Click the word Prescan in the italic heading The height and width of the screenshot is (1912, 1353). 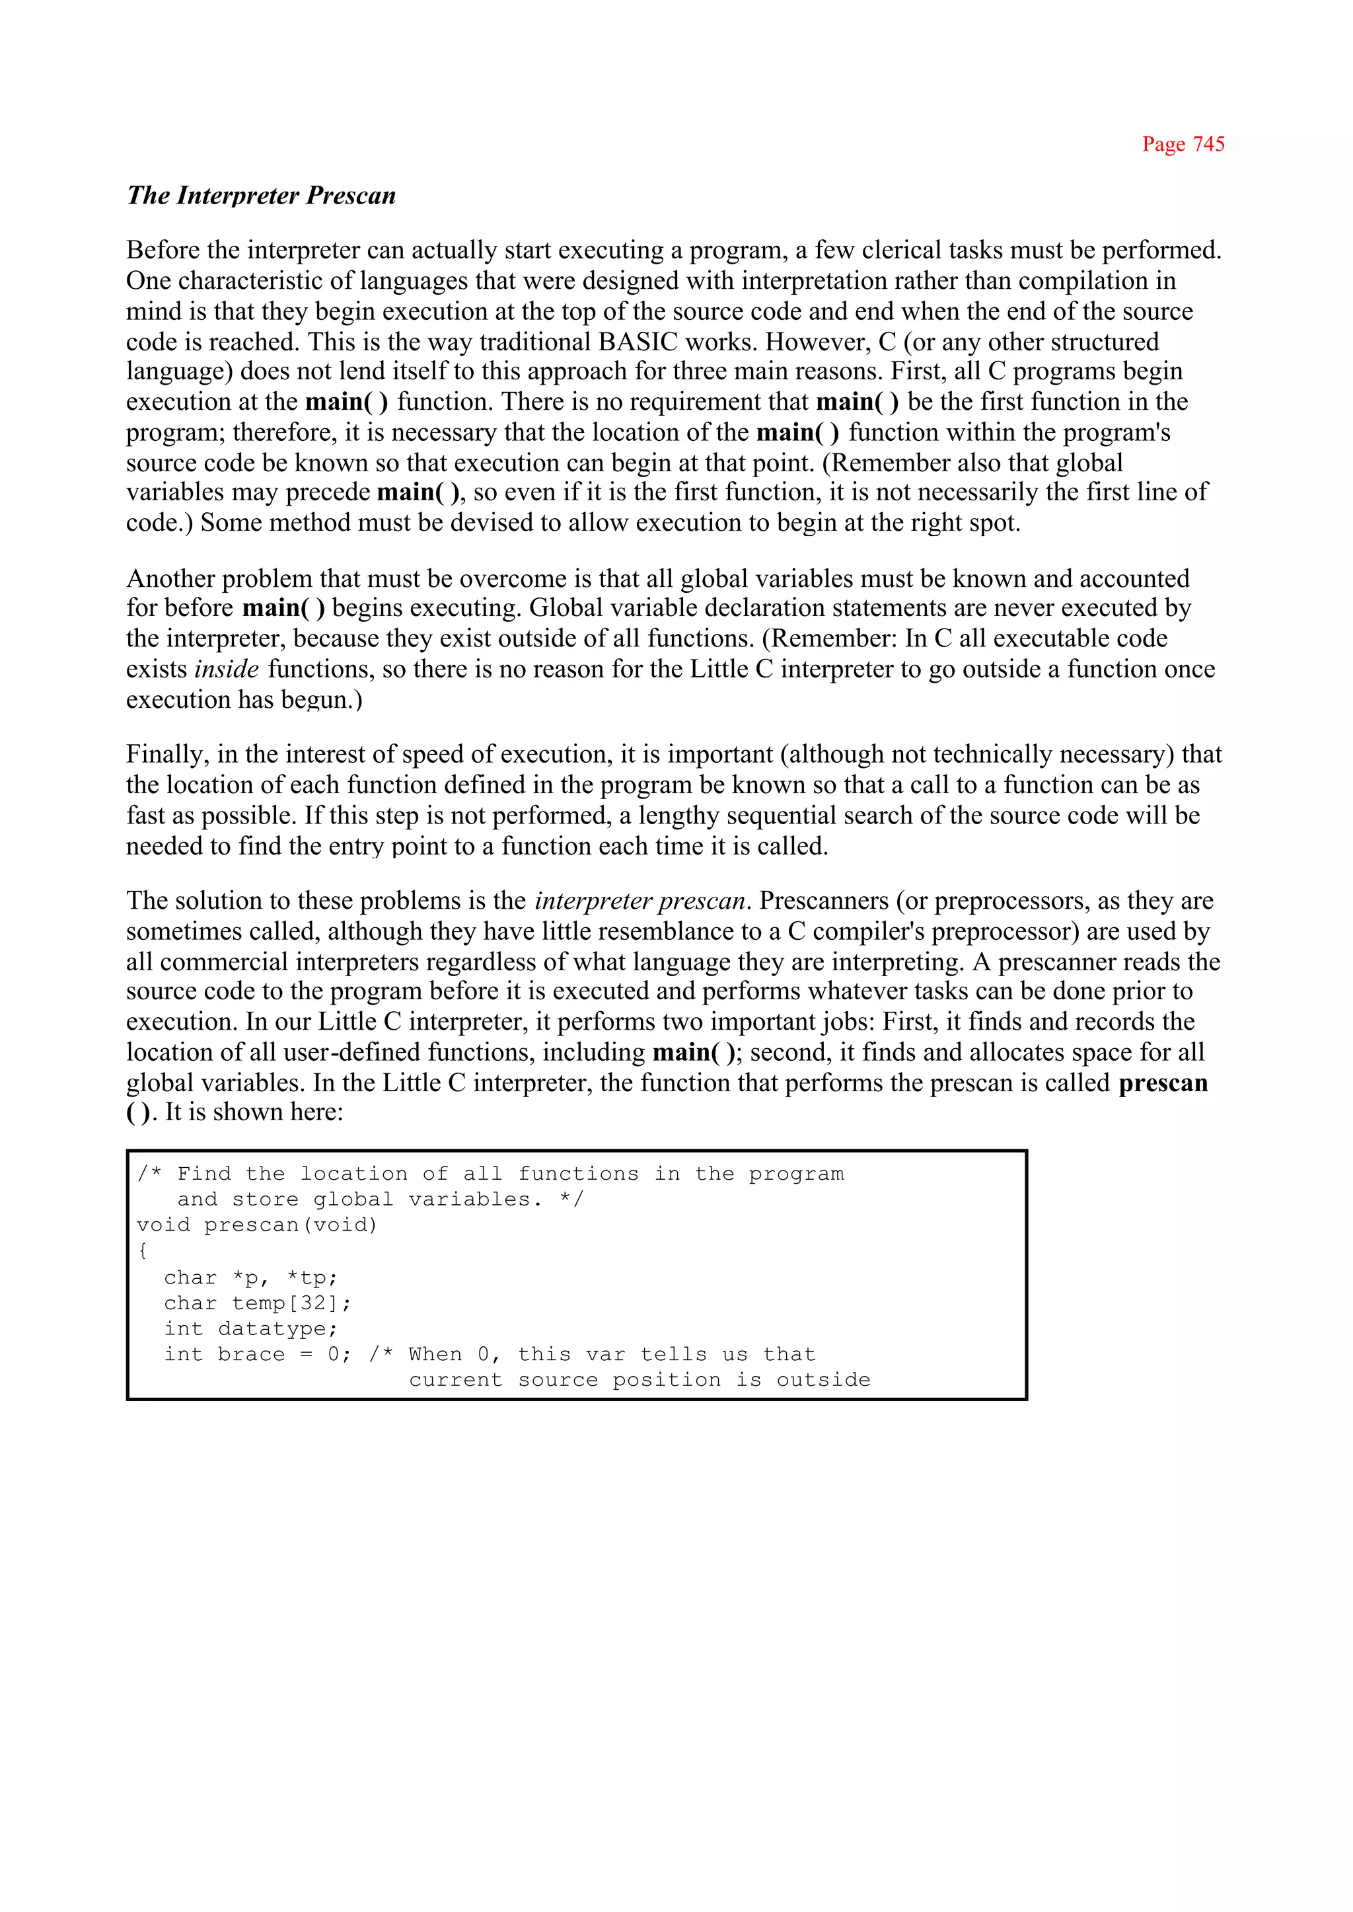[351, 196]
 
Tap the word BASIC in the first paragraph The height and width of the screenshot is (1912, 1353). [638, 342]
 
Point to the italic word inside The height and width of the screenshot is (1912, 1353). [227, 669]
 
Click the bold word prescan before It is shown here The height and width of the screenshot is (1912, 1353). [1162, 1083]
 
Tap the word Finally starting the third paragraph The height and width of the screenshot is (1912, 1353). [166, 754]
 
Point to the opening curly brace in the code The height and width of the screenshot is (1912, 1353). [143, 1250]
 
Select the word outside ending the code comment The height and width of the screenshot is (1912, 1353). [823, 1380]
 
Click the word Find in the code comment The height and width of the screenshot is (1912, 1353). [203, 1174]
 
